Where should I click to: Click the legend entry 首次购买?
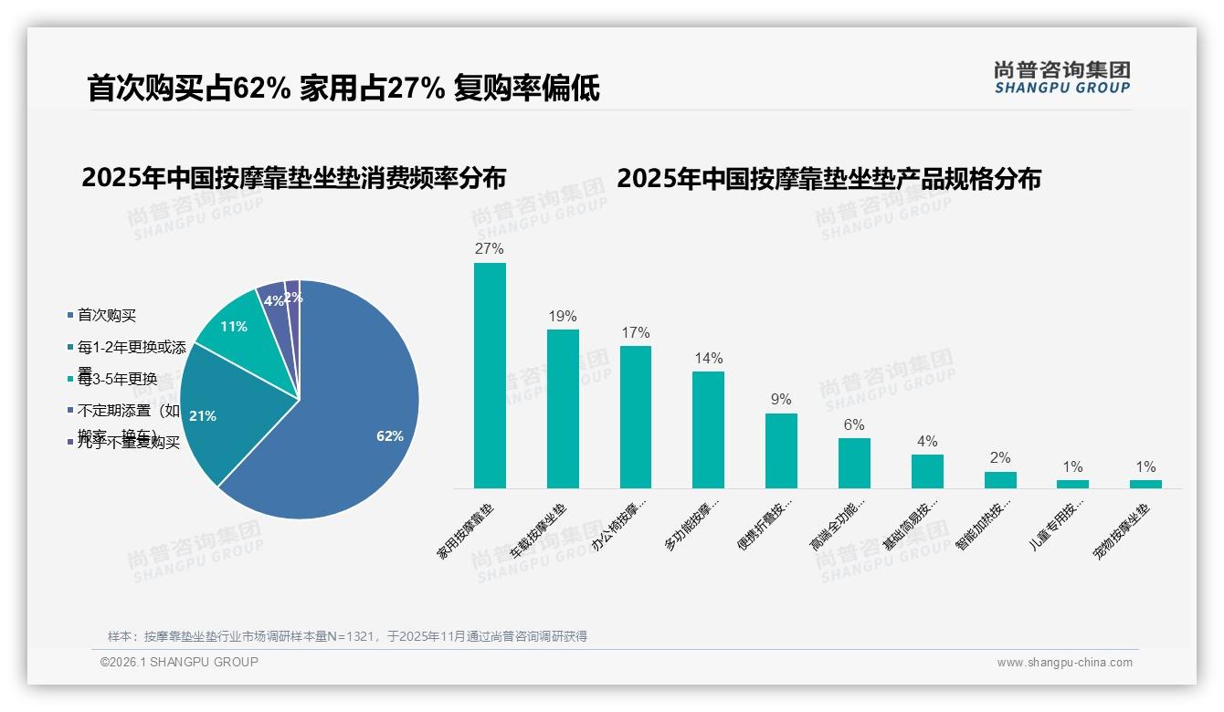tap(106, 315)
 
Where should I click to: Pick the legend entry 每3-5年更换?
tap(117, 379)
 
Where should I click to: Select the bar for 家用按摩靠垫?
tap(490, 375)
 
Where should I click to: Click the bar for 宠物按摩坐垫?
tap(1145, 484)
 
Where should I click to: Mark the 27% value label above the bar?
tap(490, 248)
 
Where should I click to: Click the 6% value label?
tap(854, 424)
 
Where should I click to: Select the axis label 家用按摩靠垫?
tap(466, 530)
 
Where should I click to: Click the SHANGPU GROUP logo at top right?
tap(1062, 78)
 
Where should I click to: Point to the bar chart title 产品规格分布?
tap(828, 178)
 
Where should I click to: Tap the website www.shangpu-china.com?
tap(1064, 663)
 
